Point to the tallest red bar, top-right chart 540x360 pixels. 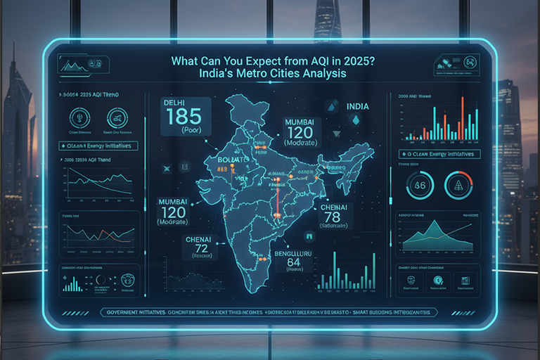click(462, 117)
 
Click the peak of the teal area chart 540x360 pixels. click(437, 224)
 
